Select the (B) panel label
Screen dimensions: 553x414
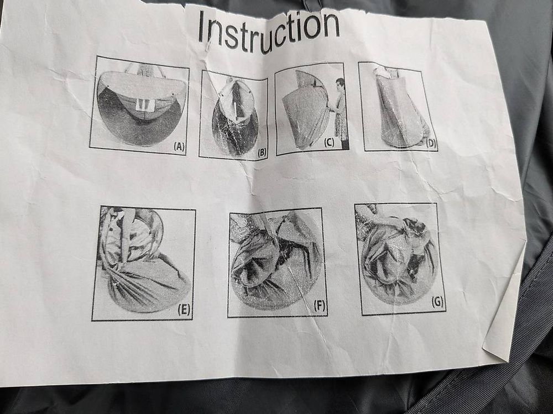[262, 153]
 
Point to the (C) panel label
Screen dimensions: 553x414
[328, 143]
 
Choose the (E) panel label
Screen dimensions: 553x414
[184, 310]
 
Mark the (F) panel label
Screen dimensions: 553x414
[319, 306]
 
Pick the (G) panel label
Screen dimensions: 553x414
[437, 302]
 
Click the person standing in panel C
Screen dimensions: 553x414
[340, 113]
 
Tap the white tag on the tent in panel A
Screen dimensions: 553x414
[145, 103]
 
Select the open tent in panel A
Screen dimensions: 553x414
[141, 106]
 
